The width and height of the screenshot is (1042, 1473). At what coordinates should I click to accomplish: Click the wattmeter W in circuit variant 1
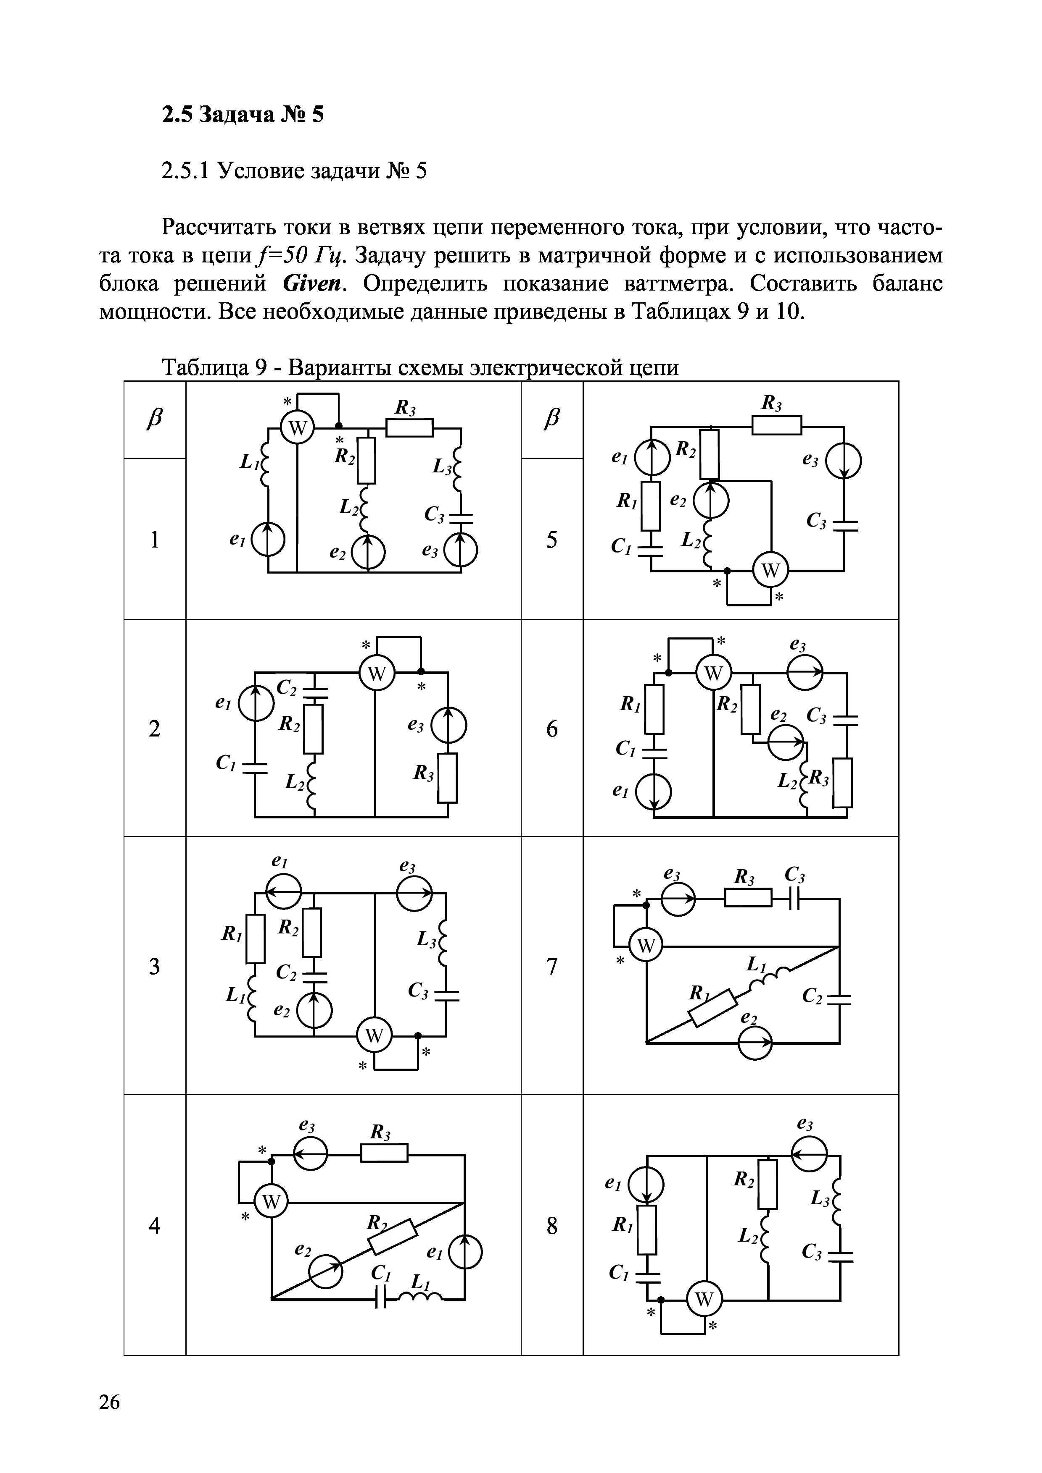tap(297, 429)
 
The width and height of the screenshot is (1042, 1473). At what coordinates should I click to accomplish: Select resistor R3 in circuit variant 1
tap(409, 427)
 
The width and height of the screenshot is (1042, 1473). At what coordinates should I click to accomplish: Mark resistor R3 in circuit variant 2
tap(448, 778)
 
